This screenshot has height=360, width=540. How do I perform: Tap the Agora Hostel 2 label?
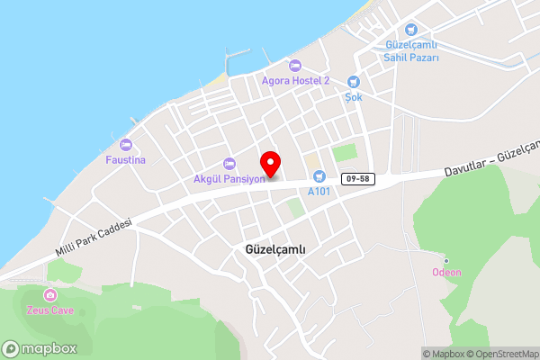tap(295, 80)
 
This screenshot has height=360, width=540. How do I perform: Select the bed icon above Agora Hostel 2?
tap(295, 65)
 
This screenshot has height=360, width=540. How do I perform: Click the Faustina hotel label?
tap(125, 159)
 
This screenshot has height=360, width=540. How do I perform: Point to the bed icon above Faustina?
tap(125, 144)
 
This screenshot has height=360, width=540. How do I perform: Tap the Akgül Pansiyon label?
tap(228, 178)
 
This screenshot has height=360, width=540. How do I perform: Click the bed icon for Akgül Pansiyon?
tap(229, 164)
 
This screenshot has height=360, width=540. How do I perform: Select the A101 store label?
tap(319, 191)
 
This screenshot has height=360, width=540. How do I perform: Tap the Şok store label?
tap(353, 96)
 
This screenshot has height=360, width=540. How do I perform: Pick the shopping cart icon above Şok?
tap(353, 81)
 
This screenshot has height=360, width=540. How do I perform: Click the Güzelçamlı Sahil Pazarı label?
tap(411, 50)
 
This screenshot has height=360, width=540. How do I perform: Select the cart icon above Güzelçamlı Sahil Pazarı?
tap(411, 30)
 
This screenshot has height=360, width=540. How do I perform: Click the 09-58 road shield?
tap(356, 179)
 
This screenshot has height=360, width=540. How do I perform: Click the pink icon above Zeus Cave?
tap(49, 294)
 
